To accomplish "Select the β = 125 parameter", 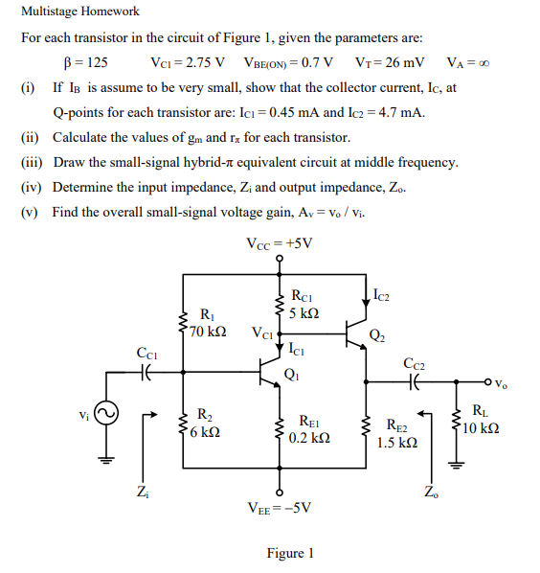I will click(x=84, y=62).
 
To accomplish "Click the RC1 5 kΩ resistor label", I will click(x=304, y=305).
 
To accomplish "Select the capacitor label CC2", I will click(x=415, y=364).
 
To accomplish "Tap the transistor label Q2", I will click(x=378, y=333).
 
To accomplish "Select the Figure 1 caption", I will click(x=290, y=553).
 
